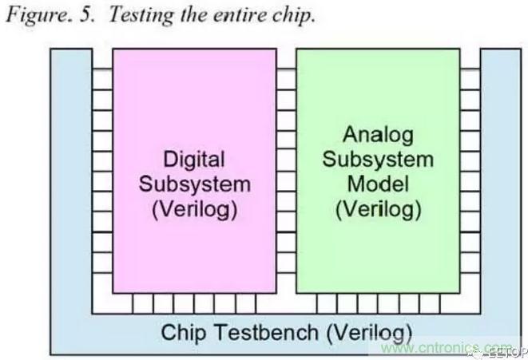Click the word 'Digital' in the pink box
[x=194, y=158]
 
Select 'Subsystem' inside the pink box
[x=194, y=184]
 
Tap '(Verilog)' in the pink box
[x=194, y=211]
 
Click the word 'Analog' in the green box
[x=378, y=133]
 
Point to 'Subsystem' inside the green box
[x=378, y=158]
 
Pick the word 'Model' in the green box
[x=378, y=184]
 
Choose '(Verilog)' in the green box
[x=378, y=211]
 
